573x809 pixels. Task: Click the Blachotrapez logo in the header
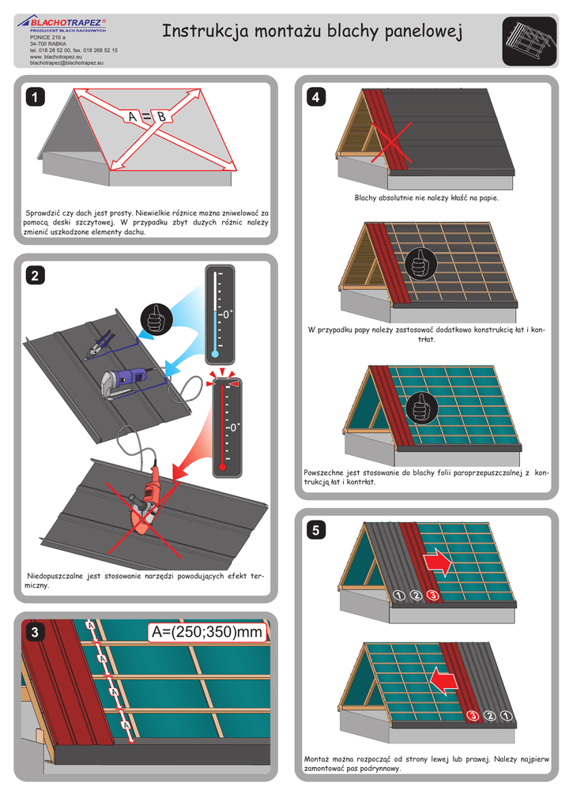[67, 23]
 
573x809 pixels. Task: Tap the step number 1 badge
[34, 97]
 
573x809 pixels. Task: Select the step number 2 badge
[34, 276]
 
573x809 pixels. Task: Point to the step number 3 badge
[34, 634]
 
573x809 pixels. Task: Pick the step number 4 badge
[316, 98]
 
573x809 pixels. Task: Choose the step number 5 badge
[316, 532]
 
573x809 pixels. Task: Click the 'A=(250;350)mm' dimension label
[205, 633]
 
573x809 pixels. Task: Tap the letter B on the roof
[160, 118]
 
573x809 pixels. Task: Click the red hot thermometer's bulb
[224, 465]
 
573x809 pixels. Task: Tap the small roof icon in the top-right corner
[526, 42]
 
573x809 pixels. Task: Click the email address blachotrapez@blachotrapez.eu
[67, 63]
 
